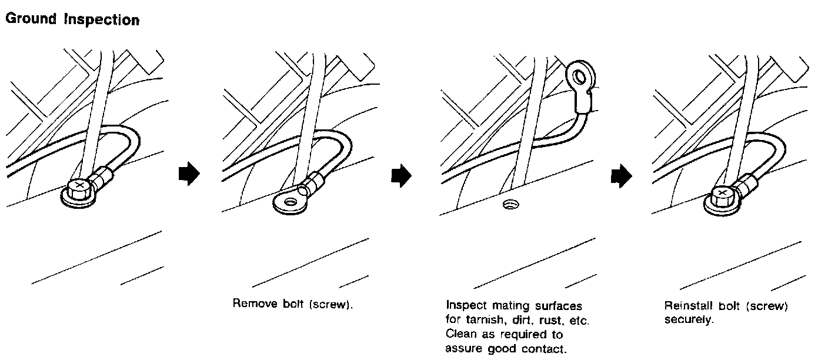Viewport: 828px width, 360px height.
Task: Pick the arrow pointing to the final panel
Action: coord(620,175)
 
